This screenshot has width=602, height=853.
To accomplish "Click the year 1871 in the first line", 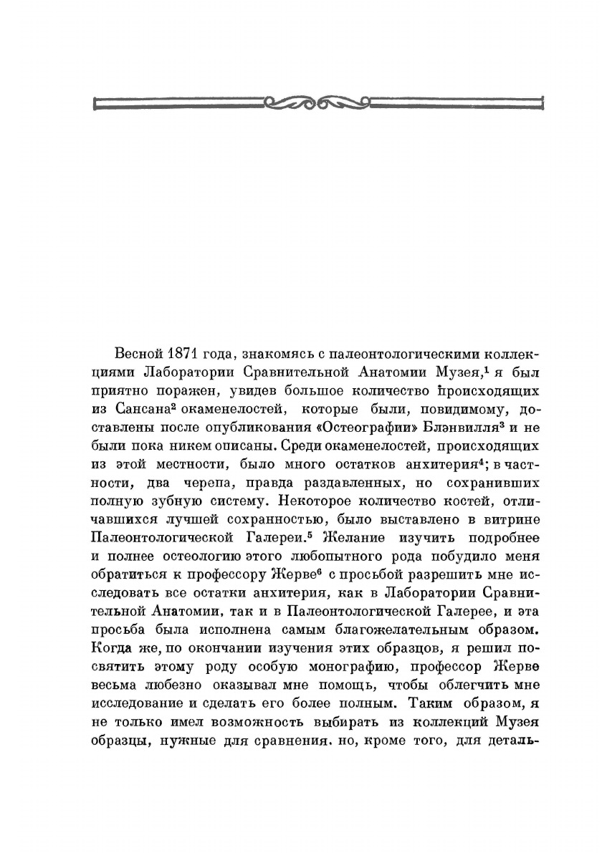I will [183, 355].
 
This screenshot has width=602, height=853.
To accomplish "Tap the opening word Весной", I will [139, 355].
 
